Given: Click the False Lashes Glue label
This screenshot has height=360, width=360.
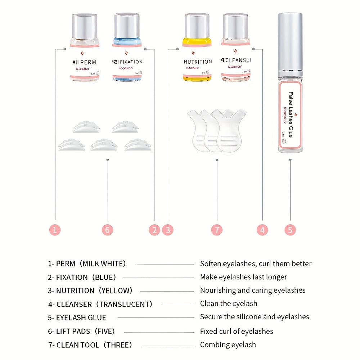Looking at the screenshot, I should click(x=291, y=114).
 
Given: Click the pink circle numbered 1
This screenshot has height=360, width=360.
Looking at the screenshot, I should click(x=55, y=230).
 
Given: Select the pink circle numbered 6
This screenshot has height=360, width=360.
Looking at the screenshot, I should click(x=107, y=230).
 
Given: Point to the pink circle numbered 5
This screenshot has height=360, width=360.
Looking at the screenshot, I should click(x=290, y=230).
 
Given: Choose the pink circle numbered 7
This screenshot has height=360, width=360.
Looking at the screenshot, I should click(x=217, y=230).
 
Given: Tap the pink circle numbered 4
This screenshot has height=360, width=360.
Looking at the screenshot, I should click(x=262, y=230).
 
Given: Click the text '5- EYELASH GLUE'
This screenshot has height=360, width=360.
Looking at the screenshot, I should click(x=77, y=318).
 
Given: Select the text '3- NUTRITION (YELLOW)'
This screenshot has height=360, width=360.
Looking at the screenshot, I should click(x=90, y=291).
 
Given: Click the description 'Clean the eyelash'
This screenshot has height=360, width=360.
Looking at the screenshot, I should click(x=229, y=303).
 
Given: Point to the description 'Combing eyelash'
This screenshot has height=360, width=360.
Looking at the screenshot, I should click(x=228, y=345).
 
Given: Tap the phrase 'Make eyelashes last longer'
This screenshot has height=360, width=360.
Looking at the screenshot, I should click(x=243, y=277).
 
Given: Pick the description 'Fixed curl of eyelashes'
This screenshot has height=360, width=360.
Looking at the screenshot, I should click(x=237, y=331).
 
